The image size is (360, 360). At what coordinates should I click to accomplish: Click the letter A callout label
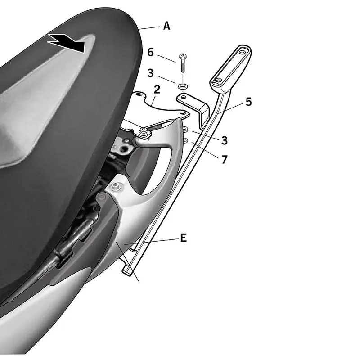click(166, 26)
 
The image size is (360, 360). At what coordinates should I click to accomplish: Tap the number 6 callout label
click(150, 52)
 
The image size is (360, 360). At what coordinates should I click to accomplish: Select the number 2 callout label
click(157, 90)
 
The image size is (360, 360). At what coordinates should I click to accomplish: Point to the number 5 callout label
click(249, 102)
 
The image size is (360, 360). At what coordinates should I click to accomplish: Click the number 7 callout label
click(224, 160)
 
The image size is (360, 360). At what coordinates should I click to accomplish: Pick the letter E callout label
click(184, 238)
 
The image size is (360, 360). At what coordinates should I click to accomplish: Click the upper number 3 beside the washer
click(150, 73)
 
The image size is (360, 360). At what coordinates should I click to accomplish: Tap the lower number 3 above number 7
click(224, 140)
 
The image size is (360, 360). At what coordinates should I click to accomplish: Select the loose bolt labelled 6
click(183, 63)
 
